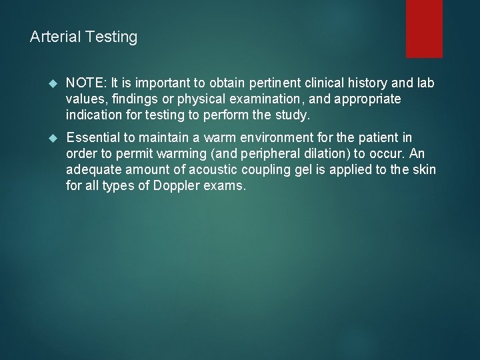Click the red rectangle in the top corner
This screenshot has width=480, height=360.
[x=424, y=28]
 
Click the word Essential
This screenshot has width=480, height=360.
[x=93, y=139]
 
